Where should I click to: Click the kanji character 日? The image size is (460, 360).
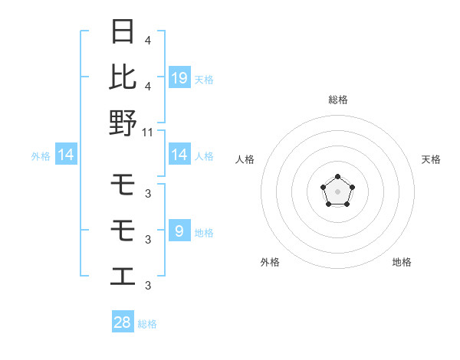(x=123, y=32)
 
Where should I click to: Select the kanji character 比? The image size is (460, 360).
(x=123, y=77)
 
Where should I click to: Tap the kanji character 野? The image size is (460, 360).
(x=123, y=123)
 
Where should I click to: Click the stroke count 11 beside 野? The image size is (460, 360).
(x=149, y=132)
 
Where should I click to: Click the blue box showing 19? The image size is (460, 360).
(x=179, y=77)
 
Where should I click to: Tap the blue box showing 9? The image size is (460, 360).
(x=179, y=231)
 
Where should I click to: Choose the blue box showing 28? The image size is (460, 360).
(x=123, y=322)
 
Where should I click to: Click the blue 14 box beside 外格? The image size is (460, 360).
(x=66, y=155)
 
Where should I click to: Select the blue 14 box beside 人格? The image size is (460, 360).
(x=179, y=155)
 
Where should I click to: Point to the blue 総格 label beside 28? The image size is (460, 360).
(x=147, y=324)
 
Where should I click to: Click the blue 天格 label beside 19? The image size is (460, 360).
(x=204, y=79)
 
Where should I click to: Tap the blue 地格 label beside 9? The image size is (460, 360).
(x=204, y=233)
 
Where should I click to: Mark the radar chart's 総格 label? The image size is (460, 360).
(x=337, y=100)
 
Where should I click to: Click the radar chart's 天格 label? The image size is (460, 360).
(x=432, y=159)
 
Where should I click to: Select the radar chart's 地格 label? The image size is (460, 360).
(x=402, y=262)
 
